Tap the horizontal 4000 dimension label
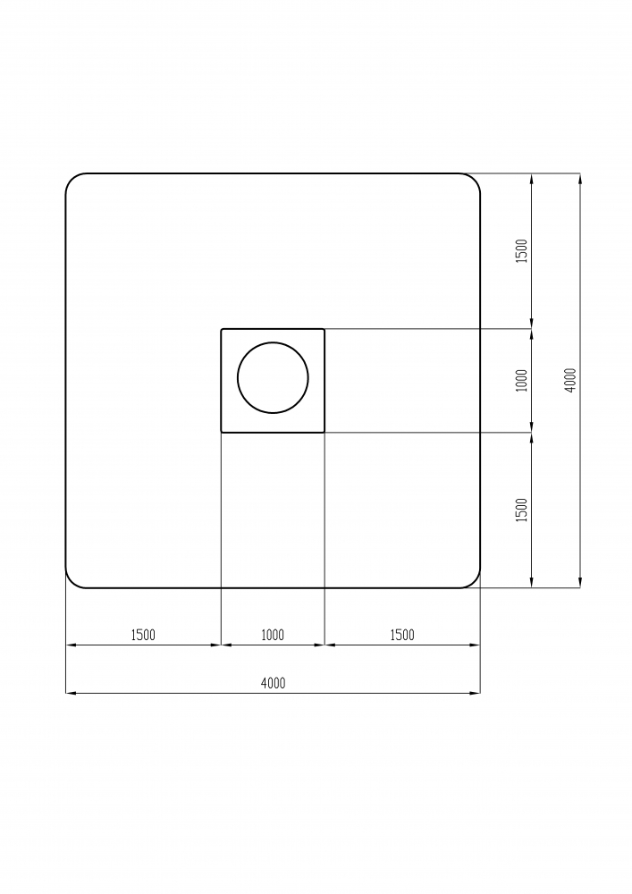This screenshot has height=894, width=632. [x=273, y=683]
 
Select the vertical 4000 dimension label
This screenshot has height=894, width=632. [x=571, y=380]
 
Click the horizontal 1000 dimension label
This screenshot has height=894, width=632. [x=273, y=635]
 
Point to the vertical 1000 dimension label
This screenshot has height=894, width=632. [x=522, y=380]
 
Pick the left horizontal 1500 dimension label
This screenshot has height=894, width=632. [x=143, y=635]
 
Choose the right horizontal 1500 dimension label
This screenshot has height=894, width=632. [x=402, y=635]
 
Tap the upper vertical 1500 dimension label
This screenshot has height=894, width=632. [x=522, y=251]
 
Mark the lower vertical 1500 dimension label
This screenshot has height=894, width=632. [x=522, y=510]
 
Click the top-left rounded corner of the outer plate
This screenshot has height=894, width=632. [x=72, y=180]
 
